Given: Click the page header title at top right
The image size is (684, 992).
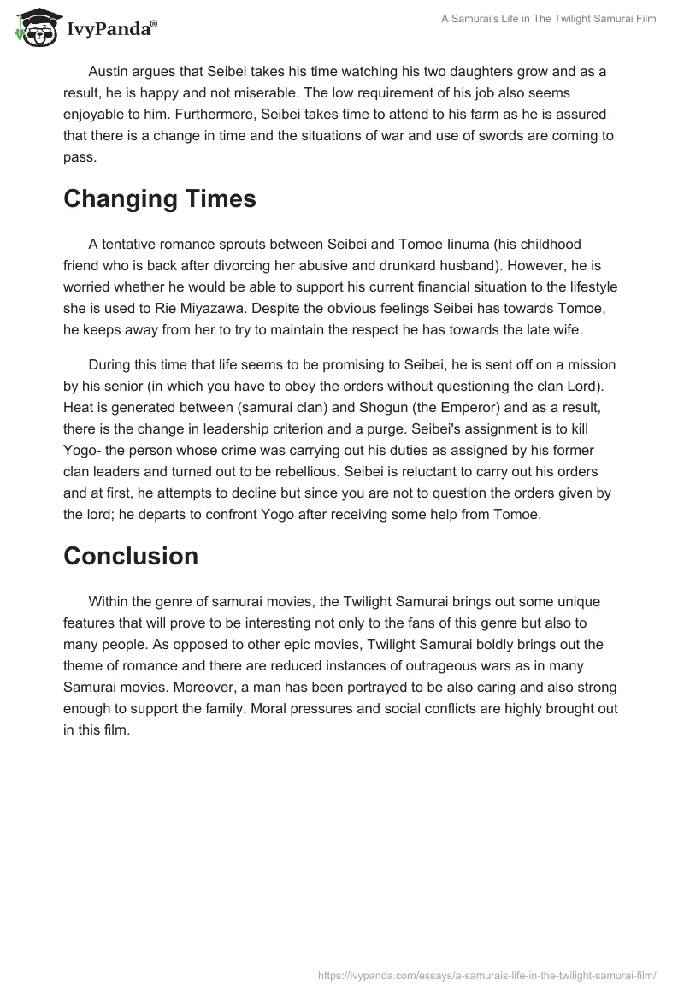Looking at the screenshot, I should click(549, 19).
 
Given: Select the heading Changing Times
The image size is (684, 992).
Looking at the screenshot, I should click(160, 198).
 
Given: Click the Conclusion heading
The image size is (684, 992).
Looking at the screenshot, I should click(131, 556).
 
